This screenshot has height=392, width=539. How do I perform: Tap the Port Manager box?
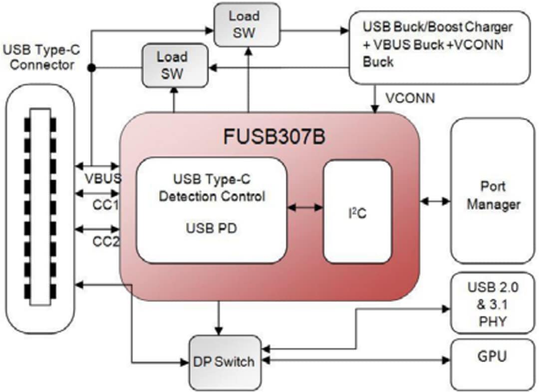[x=493, y=195]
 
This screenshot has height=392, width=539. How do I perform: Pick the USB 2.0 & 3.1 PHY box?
[x=492, y=304]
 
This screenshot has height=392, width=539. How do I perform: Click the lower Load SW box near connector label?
[x=172, y=65]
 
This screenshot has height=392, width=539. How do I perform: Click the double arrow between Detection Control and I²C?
[x=305, y=207]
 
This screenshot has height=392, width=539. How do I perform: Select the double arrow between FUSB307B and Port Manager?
[x=435, y=201]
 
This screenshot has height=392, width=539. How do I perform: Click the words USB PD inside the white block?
[x=212, y=228]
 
